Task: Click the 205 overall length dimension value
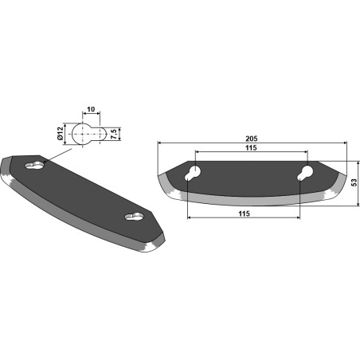click(x=252, y=139)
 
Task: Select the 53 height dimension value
click(x=354, y=182)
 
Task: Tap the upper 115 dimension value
click(x=251, y=148)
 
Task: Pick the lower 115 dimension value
click(x=244, y=213)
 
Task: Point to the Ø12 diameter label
click(x=61, y=134)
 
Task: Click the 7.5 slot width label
click(x=113, y=134)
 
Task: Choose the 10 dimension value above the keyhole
click(x=91, y=109)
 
